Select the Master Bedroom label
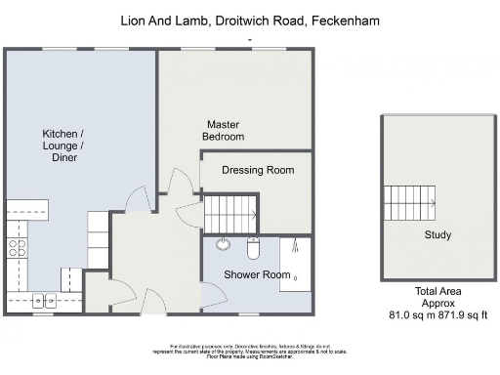[x=224, y=131]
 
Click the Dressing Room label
[x=258, y=170]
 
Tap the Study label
[x=437, y=235]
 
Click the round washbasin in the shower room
[x=224, y=246]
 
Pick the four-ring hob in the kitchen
[x=18, y=247]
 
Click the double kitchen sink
[x=45, y=301]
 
